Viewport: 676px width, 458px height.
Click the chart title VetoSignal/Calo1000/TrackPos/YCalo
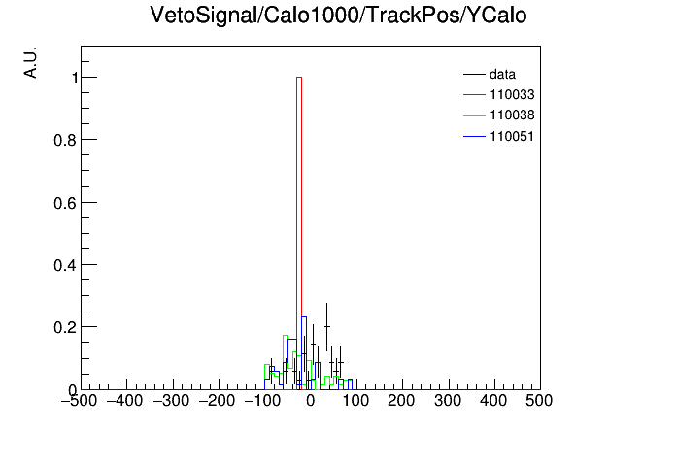pos(338,16)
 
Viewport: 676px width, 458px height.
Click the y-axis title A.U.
pos(31,62)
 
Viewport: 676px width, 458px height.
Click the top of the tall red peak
pos(299,77)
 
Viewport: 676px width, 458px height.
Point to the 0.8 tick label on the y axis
pos(65,140)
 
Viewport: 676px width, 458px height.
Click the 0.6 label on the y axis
pos(65,203)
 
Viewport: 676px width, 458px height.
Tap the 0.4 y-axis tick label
pos(65,265)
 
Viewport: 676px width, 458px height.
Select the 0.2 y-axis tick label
pos(65,327)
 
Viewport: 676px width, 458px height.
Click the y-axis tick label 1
pos(75,78)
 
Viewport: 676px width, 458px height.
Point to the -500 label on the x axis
pos(79,401)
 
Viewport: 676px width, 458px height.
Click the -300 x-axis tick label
pos(171,401)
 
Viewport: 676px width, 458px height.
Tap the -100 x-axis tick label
pos(262,401)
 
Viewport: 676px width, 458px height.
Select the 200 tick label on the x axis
pos(401,401)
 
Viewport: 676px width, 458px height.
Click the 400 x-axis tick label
pos(493,401)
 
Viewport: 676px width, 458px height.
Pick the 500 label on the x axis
pos(539,401)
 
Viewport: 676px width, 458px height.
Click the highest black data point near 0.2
pos(326,327)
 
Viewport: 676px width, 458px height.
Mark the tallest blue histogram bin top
pos(303,317)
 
